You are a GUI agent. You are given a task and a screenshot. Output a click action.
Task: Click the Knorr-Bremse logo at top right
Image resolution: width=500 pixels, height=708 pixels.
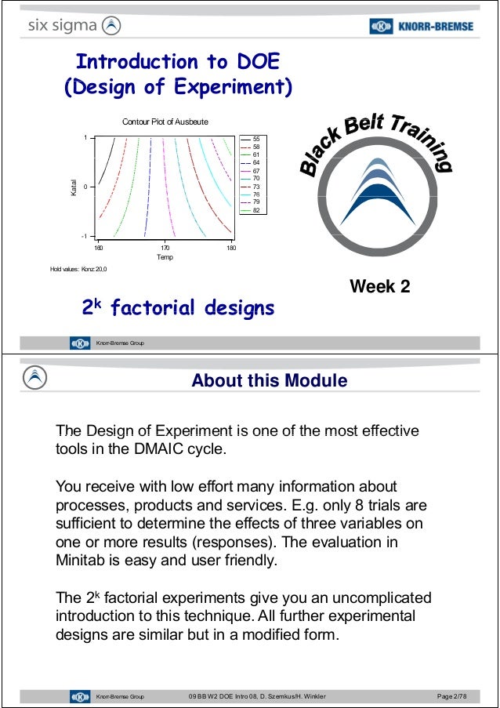[x=422, y=26]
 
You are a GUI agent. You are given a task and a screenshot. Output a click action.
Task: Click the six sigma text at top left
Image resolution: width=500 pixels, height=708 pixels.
[x=63, y=26]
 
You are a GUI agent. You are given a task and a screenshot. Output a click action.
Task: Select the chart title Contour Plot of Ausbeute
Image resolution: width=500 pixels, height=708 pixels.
[x=165, y=122]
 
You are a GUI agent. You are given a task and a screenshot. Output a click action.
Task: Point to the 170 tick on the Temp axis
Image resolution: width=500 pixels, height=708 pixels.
[x=165, y=247]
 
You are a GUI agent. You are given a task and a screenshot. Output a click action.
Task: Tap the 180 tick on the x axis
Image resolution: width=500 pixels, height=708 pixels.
[x=231, y=247]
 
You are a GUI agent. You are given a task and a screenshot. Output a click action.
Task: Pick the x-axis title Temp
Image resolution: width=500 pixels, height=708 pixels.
[x=165, y=257]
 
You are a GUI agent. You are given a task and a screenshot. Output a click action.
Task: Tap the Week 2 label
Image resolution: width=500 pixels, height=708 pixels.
[x=379, y=287]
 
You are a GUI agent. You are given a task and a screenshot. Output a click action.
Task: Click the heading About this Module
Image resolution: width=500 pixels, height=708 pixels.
[x=269, y=381]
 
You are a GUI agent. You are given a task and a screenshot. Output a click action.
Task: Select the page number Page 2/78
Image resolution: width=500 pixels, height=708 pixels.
[x=453, y=696]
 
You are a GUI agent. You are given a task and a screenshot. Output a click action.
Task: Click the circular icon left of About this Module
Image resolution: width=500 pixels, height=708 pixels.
[x=36, y=378]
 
